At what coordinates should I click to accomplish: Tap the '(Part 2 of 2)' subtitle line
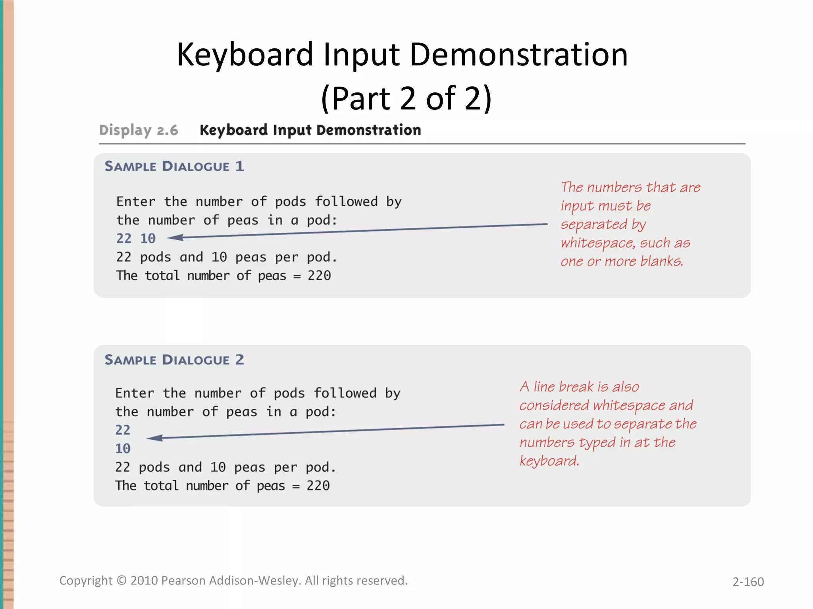406,98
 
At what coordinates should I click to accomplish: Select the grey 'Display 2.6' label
139,130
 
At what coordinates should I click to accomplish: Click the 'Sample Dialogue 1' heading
174,166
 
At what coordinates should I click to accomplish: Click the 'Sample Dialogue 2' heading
174,360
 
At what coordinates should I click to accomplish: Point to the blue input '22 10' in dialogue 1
136,238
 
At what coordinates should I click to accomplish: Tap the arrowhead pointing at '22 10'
175,237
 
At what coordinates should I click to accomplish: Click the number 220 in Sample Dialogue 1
319,276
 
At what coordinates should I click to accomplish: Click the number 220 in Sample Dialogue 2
318,486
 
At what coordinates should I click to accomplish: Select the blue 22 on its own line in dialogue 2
123,430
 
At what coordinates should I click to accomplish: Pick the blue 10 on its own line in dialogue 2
123,449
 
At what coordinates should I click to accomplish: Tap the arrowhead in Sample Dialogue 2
155,438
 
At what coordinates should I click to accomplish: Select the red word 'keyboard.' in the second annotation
549,461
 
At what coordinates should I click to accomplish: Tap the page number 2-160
748,582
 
